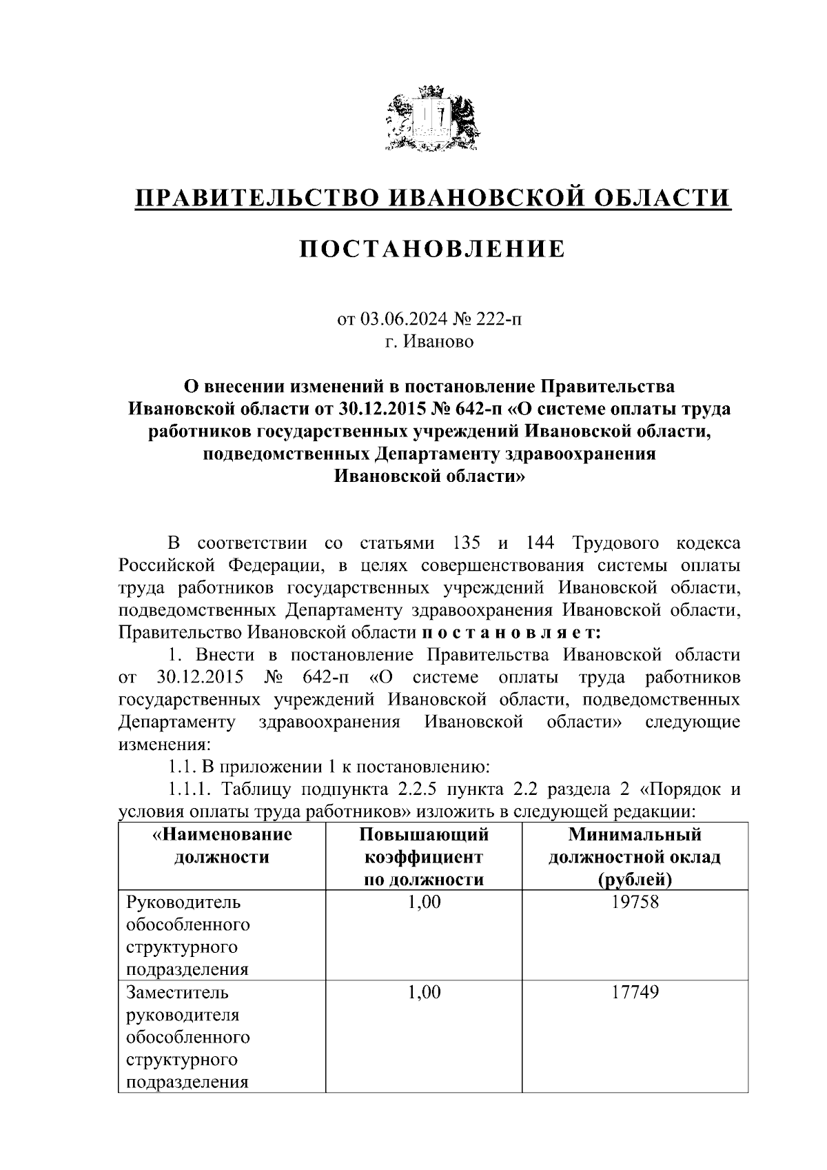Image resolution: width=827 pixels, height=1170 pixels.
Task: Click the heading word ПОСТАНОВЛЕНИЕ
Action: tap(432, 249)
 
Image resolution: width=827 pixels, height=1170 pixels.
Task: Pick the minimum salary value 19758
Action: tap(635, 902)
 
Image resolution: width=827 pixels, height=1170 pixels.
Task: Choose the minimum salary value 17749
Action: tap(635, 993)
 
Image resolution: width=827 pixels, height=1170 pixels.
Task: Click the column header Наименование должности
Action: tap(222, 846)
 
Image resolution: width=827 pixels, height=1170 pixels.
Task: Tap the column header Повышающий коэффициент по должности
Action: tap(424, 857)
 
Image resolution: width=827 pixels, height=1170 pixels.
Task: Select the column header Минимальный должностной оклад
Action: tap(635, 857)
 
